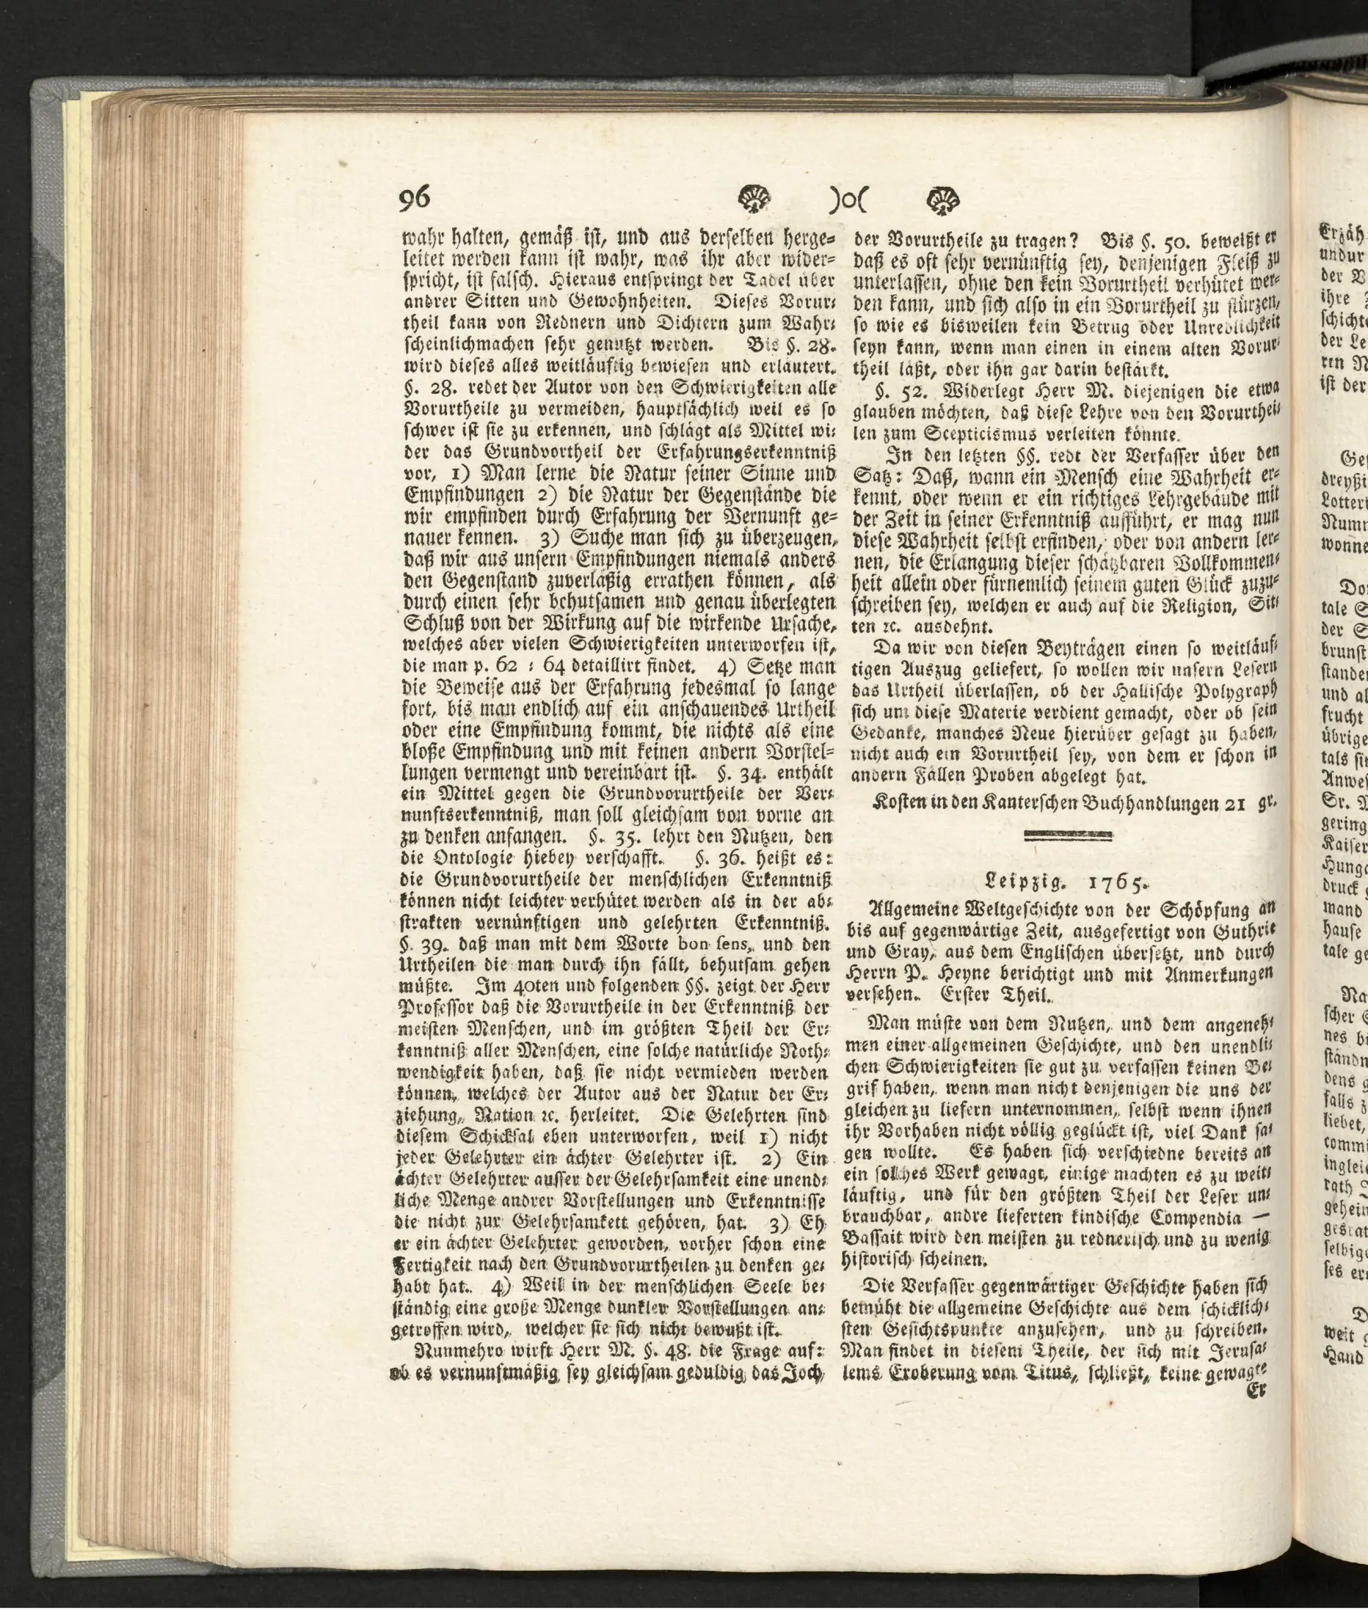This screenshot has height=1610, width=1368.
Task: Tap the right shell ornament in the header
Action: click(942, 202)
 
